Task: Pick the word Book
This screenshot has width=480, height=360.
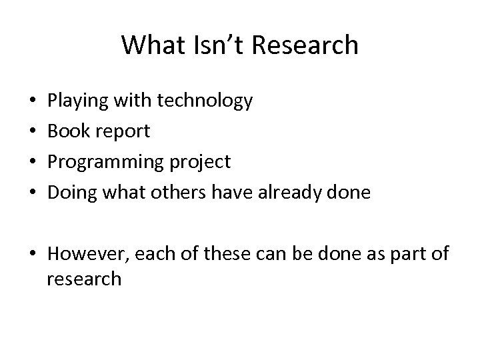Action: pos(66,131)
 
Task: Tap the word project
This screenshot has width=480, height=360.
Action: pos(200,163)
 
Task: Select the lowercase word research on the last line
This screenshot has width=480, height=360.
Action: pos(84,278)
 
